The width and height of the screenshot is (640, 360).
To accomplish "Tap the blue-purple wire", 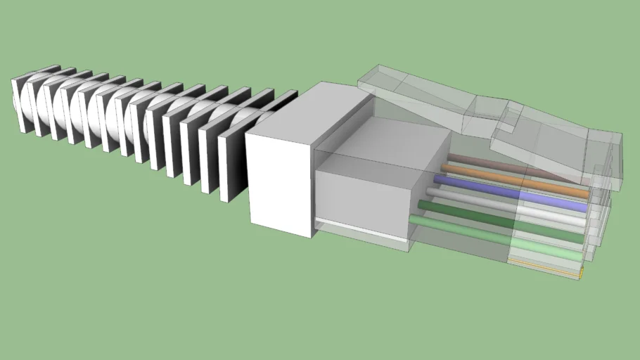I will (492, 191).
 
